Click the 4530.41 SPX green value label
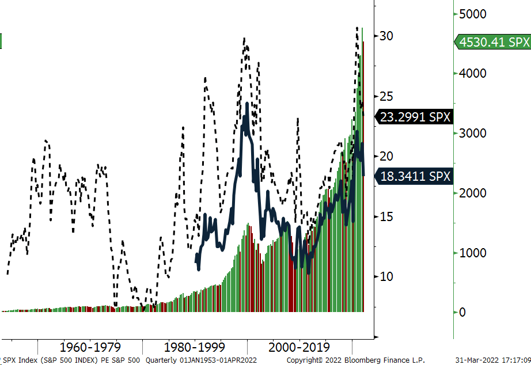[x=493, y=42]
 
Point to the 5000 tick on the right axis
[x=472, y=14]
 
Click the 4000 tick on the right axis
[x=472, y=74]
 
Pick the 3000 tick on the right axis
[x=472, y=134]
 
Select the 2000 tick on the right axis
[x=472, y=193]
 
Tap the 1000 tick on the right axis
[x=472, y=253]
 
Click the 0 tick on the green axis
[x=462, y=313]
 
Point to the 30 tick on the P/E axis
[x=385, y=36]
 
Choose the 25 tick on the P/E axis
[x=385, y=96]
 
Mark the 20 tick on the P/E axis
[x=385, y=157]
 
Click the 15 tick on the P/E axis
[x=385, y=216]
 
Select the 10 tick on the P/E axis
[x=385, y=277]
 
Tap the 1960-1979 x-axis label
[x=88, y=347]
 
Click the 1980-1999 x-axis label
[x=193, y=347]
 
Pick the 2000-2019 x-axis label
[x=298, y=347]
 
